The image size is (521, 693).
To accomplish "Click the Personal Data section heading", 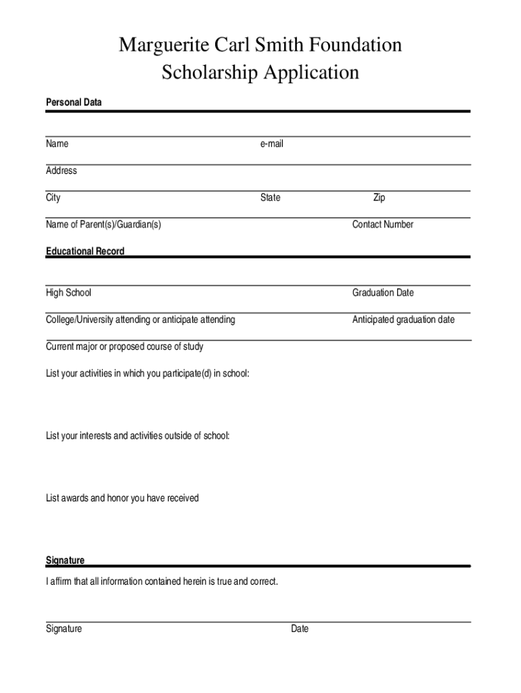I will pyautogui.click(x=74, y=102).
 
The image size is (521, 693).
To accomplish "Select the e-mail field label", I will pyautogui.click(x=271, y=144).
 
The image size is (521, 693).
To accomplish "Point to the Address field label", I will pyautogui.click(x=62, y=171).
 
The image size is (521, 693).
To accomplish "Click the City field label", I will pyautogui.click(x=53, y=198).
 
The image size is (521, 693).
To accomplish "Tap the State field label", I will pyautogui.click(x=271, y=198).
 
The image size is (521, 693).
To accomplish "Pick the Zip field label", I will pyautogui.click(x=379, y=198).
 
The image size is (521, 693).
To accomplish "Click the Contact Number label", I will pyautogui.click(x=382, y=225).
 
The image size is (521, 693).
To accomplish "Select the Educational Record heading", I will pyautogui.click(x=85, y=251).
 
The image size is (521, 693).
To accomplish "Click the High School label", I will pyautogui.click(x=68, y=292).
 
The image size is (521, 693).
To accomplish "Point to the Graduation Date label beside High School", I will pyautogui.click(x=382, y=292).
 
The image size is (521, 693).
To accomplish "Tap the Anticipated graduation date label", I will pyautogui.click(x=403, y=319).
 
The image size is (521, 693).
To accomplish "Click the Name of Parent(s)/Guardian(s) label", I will pyautogui.click(x=104, y=225).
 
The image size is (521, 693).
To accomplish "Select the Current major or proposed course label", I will pyautogui.click(x=124, y=346).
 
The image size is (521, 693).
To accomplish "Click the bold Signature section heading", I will pyautogui.click(x=66, y=560).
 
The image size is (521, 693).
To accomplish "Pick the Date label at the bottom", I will pyautogui.click(x=300, y=629).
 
